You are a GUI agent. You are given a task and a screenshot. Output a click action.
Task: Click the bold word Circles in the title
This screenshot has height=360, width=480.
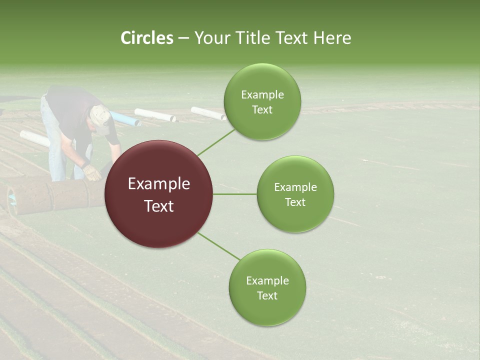[x=146, y=38]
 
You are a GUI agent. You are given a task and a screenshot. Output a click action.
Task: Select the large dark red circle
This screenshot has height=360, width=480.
[x=158, y=194]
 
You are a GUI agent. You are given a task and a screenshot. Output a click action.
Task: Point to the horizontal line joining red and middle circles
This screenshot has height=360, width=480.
[x=234, y=194]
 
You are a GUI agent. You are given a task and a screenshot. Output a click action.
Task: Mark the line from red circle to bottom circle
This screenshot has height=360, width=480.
[x=218, y=246]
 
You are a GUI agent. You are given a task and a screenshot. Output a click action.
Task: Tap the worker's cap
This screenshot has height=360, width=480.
[x=102, y=119]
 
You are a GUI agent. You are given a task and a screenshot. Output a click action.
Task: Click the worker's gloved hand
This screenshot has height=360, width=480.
[x=92, y=173]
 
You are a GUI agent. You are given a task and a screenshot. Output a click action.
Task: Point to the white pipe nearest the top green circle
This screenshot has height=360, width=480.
[x=208, y=113]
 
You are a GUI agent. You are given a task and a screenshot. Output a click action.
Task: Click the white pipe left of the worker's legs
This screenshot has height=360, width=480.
[x=34, y=138]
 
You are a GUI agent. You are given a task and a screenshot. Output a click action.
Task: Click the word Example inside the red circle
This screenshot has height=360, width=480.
[x=158, y=183]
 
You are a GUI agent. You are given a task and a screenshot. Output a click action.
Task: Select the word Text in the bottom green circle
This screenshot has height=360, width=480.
[x=267, y=295]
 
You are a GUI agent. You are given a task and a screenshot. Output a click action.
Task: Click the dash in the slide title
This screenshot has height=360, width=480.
[x=183, y=38]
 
